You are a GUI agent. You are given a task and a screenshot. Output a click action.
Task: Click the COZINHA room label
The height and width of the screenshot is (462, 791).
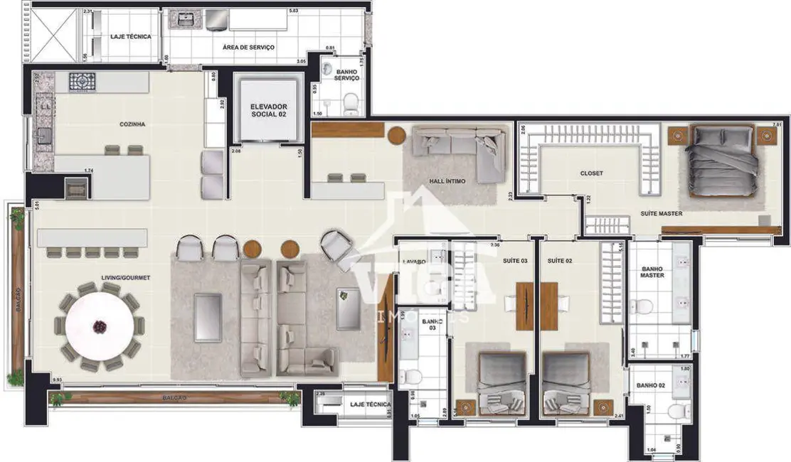(x=132, y=124)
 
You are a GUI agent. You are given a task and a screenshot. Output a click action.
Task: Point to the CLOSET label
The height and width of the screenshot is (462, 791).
(x=591, y=173)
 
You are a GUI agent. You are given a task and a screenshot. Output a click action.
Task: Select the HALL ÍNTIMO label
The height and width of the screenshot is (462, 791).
(x=448, y=181)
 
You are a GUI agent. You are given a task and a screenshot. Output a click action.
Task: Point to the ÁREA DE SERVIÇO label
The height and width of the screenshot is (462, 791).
(x=248, y=48)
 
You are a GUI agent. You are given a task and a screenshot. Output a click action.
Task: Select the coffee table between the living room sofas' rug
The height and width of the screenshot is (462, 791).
(x=208, y=317)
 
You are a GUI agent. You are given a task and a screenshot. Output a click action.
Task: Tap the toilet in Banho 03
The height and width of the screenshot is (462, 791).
(x=415, y=376)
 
